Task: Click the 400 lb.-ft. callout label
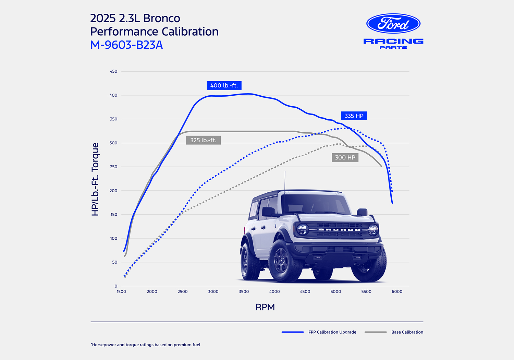[224, 85]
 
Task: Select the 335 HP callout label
[354, 116]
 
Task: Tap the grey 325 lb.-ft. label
[203, 140]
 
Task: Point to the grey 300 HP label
[345, 158]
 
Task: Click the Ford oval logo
[393, 24]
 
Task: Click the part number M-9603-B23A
[126, 45]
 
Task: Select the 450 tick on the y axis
[113, 71]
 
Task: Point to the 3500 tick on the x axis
[244, 292]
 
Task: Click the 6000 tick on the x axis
[397, 292]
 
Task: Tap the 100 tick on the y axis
[113, 238]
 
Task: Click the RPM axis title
[265, 307]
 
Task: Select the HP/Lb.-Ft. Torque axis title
[95, 179]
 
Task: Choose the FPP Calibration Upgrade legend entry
[332, 332]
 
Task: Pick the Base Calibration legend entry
[407, 332]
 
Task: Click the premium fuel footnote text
[146, 345]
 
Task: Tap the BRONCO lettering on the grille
[339, 230]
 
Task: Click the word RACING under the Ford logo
[393, 41]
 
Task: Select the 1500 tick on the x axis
[121, 292]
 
